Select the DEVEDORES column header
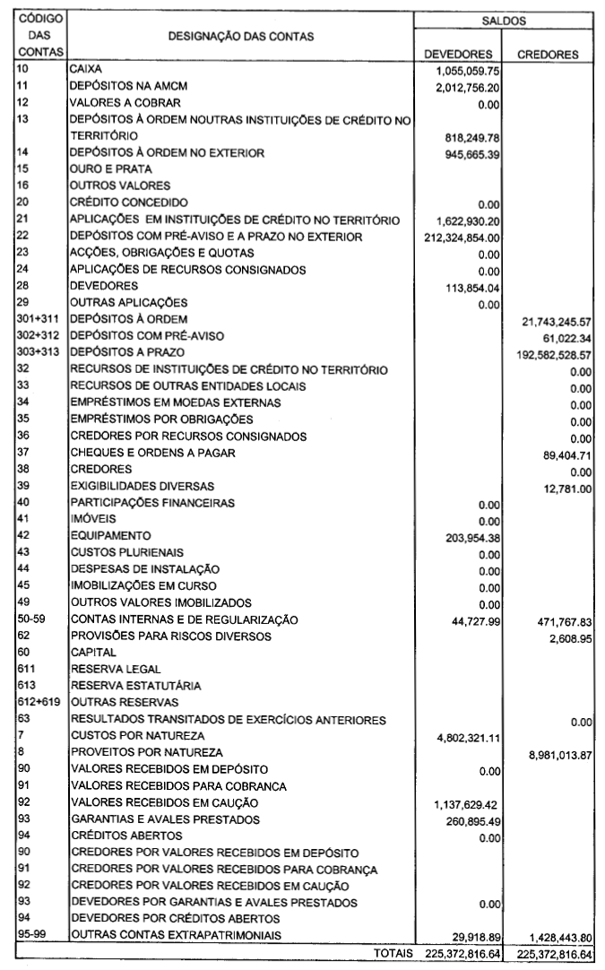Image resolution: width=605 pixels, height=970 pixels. (458, 54)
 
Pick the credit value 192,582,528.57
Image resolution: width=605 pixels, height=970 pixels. (550, 355)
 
